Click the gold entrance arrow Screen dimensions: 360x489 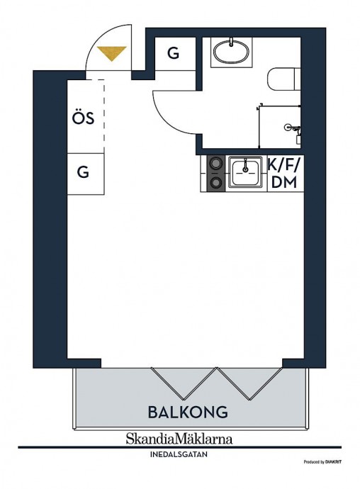coord(111,53)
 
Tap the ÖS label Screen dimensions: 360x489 coord(84,117)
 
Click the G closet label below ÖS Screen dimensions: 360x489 coord(83,172)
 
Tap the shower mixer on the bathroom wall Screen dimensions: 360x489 coord(292,128)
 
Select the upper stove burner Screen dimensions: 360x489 coord(215,163)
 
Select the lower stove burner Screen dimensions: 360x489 coord(215,183)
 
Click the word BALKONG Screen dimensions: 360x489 coord(188,412)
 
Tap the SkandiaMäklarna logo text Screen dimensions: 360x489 coord(179,439)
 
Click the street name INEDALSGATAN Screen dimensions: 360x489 coord(179,454)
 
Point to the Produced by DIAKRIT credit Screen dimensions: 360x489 coord(322,462)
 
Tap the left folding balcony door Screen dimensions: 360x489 coord(184,383)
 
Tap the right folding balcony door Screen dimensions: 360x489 coord(249,383)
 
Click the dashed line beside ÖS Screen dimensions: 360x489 coord(103,116)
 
